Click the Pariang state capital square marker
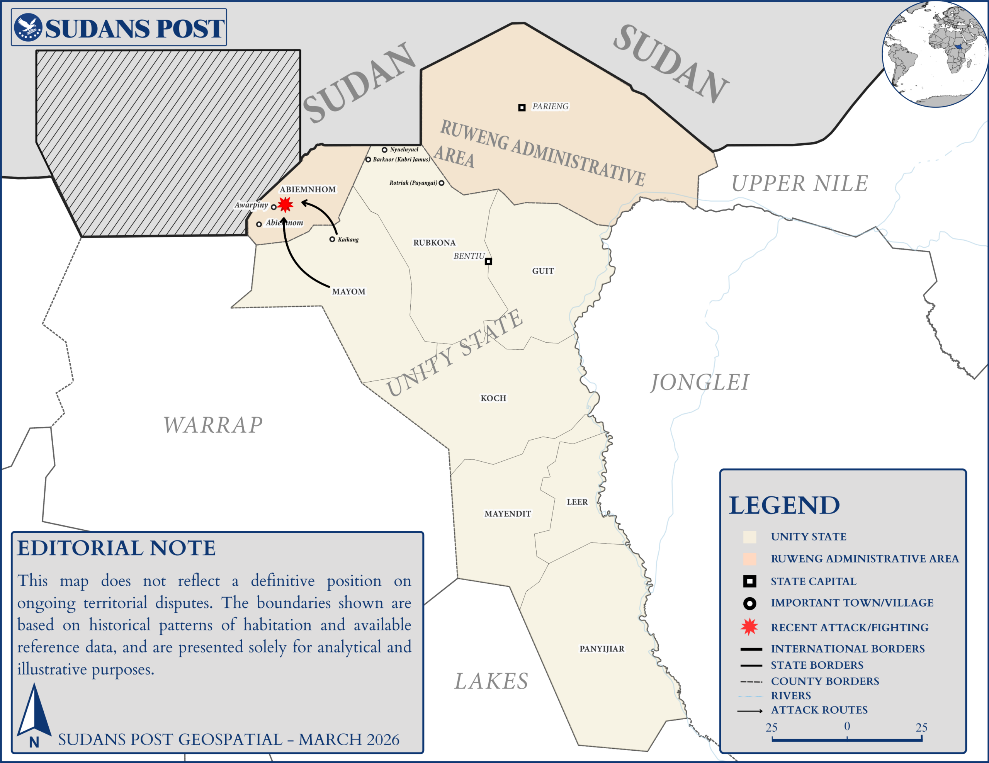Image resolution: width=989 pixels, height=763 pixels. point(522,107)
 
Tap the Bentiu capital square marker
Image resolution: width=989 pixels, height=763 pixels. point(488,261)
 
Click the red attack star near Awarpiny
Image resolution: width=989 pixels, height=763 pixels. point(285,205)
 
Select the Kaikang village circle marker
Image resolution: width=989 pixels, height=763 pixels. point(332,239)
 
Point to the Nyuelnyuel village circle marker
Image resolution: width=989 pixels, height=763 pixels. point(384,150)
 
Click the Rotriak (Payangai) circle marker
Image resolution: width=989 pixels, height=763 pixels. point(442,183)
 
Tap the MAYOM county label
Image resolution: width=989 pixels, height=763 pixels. point(349,292)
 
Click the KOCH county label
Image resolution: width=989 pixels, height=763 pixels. point(493,398)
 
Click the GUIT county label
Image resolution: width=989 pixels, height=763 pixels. point(543,271)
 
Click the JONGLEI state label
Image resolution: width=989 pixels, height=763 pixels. point(700,382)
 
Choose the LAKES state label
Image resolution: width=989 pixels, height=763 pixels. point(491,681)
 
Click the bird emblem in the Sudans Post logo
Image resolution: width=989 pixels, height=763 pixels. point(29,27)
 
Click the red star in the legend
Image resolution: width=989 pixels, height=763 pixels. point(749,627)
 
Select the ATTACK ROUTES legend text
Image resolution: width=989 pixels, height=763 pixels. point(819,710)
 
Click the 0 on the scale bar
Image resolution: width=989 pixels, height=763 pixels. point(847,726)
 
